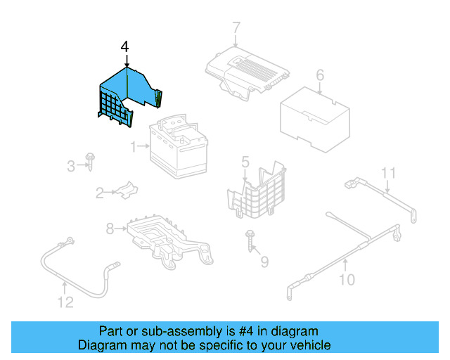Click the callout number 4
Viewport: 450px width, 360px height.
125,47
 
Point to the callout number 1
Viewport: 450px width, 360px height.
132,147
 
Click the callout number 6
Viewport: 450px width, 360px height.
320,75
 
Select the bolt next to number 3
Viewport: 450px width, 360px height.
91,161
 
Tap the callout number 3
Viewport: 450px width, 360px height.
70,167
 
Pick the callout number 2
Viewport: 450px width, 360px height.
100,191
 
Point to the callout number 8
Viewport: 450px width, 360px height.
110,228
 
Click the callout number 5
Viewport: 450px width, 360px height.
245,162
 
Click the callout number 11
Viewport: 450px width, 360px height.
389,172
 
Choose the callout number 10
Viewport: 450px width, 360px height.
347,281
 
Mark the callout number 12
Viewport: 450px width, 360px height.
65,303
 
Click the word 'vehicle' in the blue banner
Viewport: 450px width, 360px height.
307,345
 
